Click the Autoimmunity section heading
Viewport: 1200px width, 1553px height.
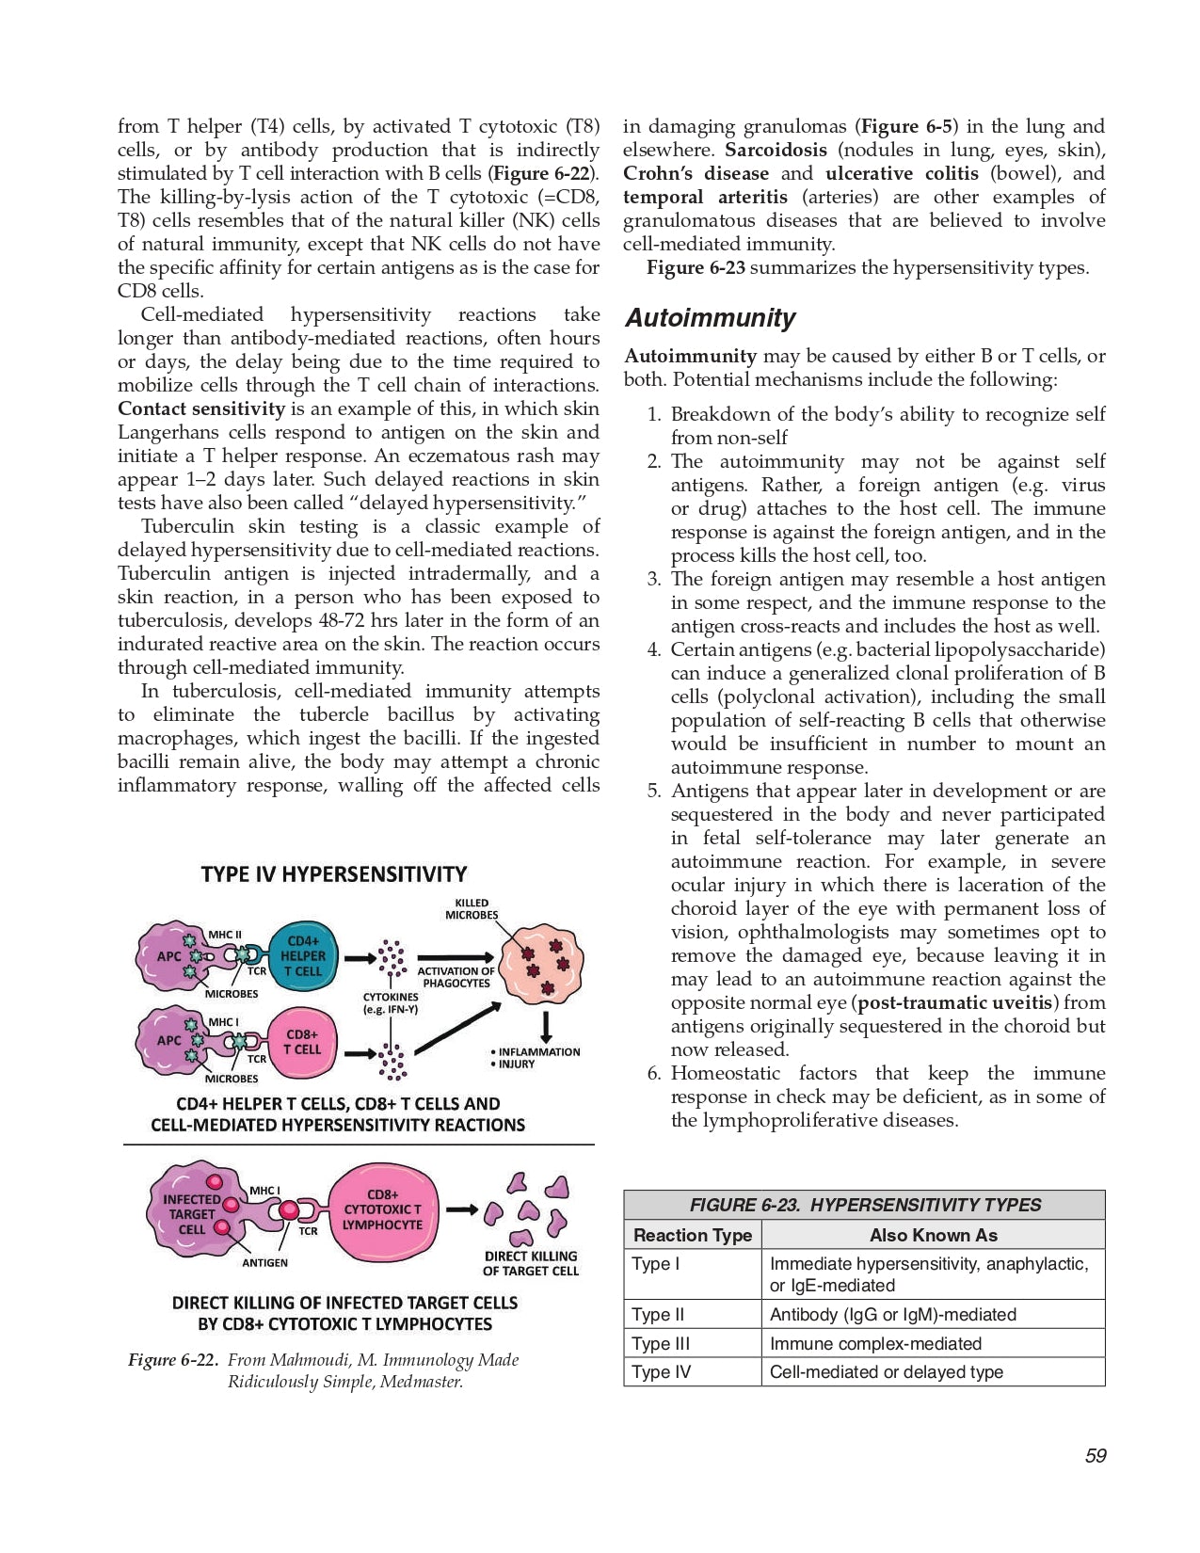coord(711,318)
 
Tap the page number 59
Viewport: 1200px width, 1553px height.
coord(1096,1456)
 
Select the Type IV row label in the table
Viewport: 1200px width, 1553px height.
coord(661,1372)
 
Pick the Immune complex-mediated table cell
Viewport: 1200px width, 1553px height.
coord(875,1343)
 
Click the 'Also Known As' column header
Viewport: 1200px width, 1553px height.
coord(933,1235)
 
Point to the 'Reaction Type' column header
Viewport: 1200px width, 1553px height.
coord(693,1235)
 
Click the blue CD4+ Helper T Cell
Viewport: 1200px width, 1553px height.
coord(302,956)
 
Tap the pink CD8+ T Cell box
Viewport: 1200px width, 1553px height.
coord(302,1042)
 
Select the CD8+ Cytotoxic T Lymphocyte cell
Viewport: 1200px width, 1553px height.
coord(382,1210)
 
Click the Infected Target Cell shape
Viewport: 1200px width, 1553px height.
coord(193,1214)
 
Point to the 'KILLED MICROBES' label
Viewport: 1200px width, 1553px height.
coord(472,908)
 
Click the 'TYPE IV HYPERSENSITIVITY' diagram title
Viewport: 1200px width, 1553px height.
coord(334,873)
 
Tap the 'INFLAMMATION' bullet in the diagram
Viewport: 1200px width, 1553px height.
coord(538,1051)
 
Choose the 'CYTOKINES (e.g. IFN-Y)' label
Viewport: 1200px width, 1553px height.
coord(391,1002)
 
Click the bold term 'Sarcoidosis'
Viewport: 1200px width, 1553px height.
coord(776,150)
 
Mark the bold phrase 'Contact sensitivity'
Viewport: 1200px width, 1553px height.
coord(201,408)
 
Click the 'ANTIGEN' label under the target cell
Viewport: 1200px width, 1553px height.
coord(265,1262)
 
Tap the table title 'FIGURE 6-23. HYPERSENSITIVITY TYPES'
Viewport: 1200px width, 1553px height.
coord(864,1205)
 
